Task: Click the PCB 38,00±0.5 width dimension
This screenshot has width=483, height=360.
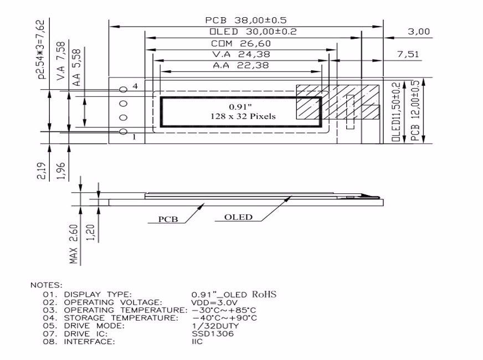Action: [x=246, y=20]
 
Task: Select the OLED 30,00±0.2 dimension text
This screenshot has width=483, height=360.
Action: [x=253, y=32]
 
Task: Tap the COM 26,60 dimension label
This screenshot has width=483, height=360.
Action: [x=240, y=43]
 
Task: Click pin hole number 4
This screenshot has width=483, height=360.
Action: [x=124, y=89]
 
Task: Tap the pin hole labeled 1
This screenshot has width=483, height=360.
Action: [x=124, y=131]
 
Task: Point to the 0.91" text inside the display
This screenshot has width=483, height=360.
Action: [x=240, y=105]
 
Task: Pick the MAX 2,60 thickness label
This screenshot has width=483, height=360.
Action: [x=73, y=244]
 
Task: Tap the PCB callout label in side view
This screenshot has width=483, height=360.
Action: [x=168, y=219]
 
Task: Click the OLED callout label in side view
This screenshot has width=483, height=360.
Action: [x=238, y=217]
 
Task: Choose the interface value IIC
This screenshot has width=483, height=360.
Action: [x=198, y=342]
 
